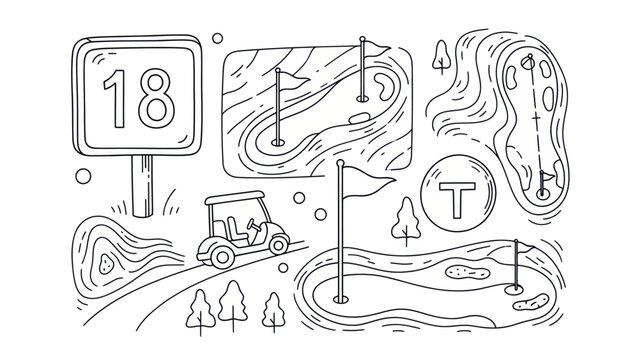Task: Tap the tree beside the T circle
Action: point(406,220)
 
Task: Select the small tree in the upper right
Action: point(440,56)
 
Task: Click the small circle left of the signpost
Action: point(84,176)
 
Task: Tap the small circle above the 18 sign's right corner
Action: point(217,38)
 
